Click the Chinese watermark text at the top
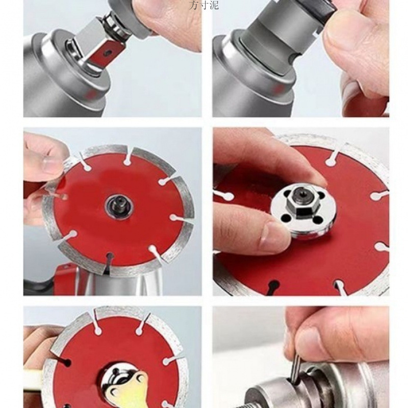[x=203, y=5]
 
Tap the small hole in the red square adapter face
[x=107, y=53]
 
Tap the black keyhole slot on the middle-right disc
[x=273, y=287]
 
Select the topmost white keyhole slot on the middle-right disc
[x=331, y=159]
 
